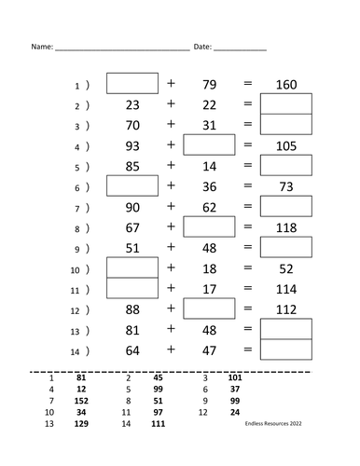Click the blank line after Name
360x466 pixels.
click(121, 47)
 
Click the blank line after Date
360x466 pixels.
click(240, 47)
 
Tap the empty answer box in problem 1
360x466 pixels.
click(132, 84)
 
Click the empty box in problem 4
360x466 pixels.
click(209, 144)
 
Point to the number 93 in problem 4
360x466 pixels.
click(132, 145)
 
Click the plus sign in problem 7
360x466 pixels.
click(171, 206)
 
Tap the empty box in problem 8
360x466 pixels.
click(209, 226)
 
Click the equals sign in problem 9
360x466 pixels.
click(247, 247)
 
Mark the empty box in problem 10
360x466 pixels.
click(132, 267)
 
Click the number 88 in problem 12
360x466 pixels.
click(132, 309)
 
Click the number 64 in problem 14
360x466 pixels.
click(132, 349)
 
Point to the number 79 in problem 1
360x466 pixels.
click(209, 85)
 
